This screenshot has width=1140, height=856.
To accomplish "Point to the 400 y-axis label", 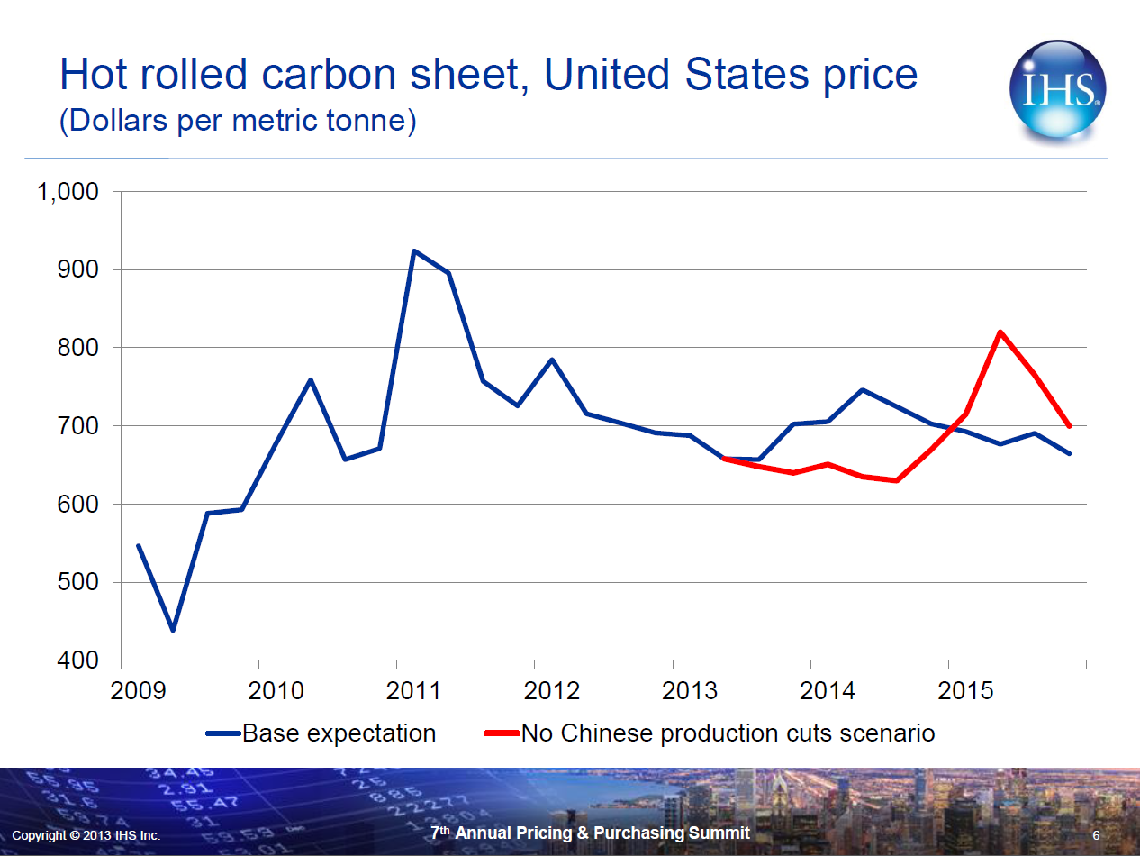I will tap(80, 660).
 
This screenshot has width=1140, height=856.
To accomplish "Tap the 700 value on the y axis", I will tap(80, 426).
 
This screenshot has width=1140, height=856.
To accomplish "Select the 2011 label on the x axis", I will tap(413, 691).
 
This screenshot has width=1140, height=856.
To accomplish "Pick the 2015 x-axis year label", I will tap(964, 691).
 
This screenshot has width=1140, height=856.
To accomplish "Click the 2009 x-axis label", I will tap(138, 691).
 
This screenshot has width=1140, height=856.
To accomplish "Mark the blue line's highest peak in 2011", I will tap(413, 250).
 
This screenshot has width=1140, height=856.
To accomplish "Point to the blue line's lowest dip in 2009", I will tap(173, 630).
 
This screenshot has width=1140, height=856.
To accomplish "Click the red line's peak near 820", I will tap(1000, 332).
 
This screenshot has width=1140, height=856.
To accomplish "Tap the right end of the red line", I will tap(1070, 425).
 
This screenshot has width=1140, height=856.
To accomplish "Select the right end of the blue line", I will tap(1070, 453).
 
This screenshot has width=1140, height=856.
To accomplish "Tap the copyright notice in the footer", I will tap(86, 835).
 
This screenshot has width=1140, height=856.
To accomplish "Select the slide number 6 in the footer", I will tap(1096, 835).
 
